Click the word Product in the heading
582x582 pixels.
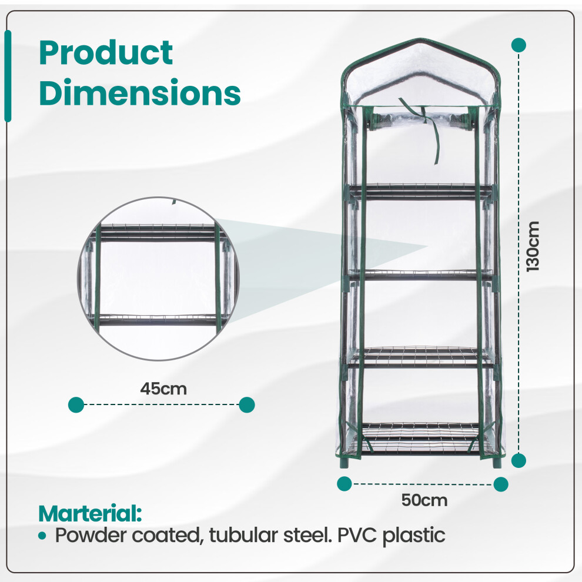click(106, 53)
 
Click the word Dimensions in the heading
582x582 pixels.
click(140, 92)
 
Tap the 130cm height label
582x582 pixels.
click(533, 246)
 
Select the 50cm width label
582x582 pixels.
click(424, 500)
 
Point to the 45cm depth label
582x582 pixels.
click(163, 389)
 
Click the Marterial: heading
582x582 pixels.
click(90, 513)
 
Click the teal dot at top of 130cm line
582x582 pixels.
click(519, 45)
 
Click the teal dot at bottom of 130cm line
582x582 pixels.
click(519, 461)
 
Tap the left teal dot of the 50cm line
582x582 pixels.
click(344, 484)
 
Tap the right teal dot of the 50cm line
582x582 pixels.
click(501, 484)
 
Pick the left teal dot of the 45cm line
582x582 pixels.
click(76, 404)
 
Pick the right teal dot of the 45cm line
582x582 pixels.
click(247, 404)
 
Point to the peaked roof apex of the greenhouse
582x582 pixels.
click(420, 39)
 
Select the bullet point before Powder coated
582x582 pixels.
click(42, 536)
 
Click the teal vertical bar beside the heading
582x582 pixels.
click(8, 76)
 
